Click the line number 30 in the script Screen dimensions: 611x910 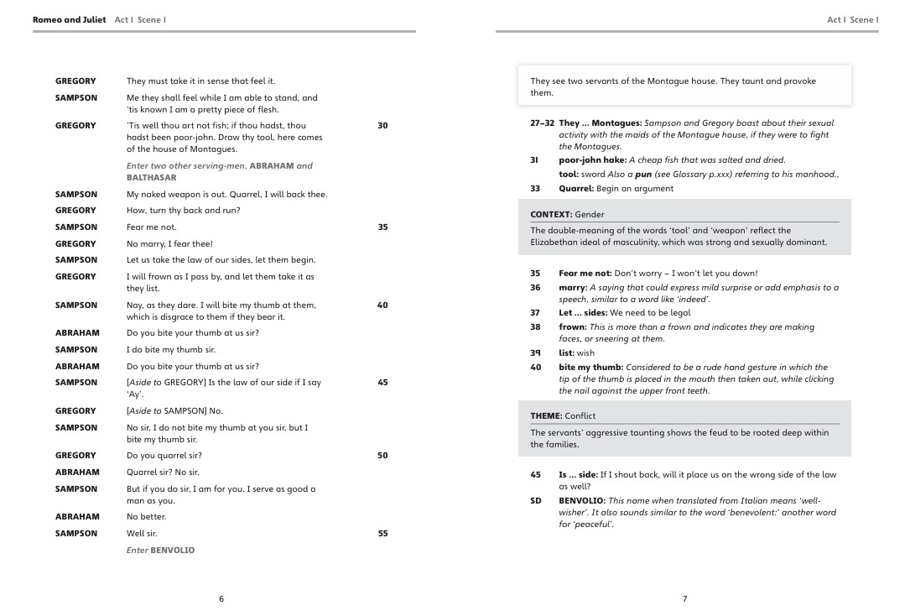click(x=382, y=126)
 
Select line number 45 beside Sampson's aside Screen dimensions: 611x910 click(x=382, y=383)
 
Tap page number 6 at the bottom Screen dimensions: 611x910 click(x=221, y=598)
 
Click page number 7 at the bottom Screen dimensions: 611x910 click(x=684, y=598)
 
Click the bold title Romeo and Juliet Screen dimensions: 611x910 click(x=70, y=19)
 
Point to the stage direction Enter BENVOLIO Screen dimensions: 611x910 click(x=160, y=551)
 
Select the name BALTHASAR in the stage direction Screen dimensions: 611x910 click(x=152, y=178)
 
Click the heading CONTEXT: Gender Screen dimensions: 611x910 click(x=567, y=215)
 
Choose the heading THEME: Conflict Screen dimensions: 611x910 click(x=563, y=416)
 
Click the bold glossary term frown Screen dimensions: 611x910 click(x=573, y=327)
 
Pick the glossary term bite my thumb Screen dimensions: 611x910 click(x=590, y=368)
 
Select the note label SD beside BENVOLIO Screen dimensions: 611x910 click(x=536, y=501)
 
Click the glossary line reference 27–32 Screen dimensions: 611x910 click(x=542, y=123)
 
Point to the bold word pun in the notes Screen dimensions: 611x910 click(x=643, y=175)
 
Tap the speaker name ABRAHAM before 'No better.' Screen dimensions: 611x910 click(x=77, y=517)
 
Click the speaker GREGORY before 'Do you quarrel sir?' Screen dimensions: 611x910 click(x=75, y=456)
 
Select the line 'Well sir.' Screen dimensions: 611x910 click(x=142, y=534)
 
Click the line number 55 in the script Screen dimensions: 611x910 click(x=382, y=534)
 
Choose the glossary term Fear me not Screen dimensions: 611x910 click(x=585, y=274)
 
